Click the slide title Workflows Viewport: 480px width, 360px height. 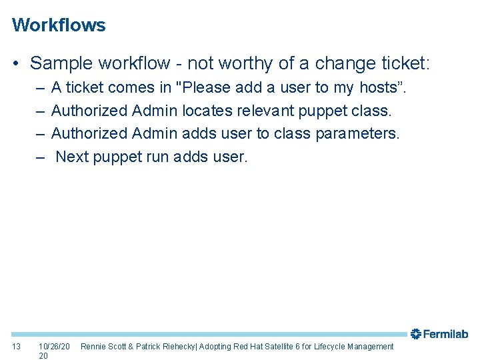[59, 25]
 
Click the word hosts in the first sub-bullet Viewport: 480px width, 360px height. [381, 88]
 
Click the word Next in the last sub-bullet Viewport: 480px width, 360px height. [72, 157]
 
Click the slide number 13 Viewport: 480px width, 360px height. [17, 347]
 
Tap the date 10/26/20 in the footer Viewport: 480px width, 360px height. [54, 347]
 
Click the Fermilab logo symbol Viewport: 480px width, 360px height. [415, 334]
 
